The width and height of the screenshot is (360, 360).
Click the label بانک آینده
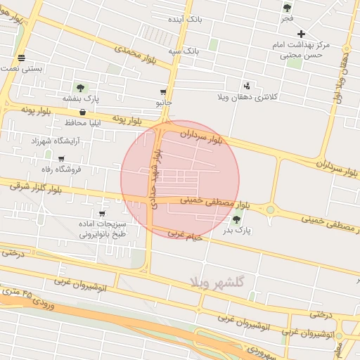[x=185, y=19]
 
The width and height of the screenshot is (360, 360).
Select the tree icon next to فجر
[x=287, y=8]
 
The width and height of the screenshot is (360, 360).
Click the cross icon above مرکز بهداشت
[x=302, y=34]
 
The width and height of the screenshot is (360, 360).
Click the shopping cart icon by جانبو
[x=164, y=92]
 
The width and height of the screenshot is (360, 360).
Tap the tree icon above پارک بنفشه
[x=80, y=88]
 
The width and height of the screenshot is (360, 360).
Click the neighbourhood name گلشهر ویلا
[x=216, y=282]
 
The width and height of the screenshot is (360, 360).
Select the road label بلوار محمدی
[x=135, y=53]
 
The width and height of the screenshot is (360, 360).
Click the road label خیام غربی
[x=185, y=234]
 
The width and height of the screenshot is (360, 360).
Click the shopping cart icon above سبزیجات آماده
[x=103, y=214]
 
